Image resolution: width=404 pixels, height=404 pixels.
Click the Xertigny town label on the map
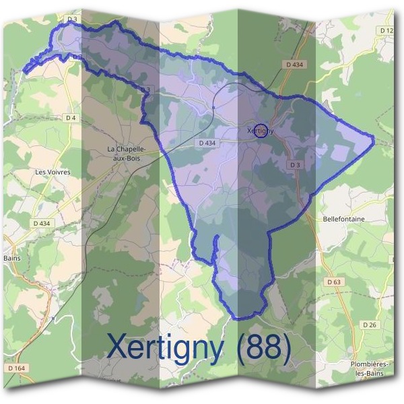(x=261, y=131)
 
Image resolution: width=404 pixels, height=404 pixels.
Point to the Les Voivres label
(x=53, y=172)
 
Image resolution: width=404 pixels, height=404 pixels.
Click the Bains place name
(x=12, y=258)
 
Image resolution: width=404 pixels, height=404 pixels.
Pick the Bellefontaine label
(x=343, y=220)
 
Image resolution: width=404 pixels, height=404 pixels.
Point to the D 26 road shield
(x=369, y=325)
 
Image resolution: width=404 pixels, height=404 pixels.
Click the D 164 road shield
(x=17, y=368)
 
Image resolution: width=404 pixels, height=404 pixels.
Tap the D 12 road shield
(x=386, y=31)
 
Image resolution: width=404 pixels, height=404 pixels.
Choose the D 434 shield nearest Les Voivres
(x=42, y=223)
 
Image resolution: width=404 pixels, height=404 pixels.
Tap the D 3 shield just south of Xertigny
(x=294, y=165)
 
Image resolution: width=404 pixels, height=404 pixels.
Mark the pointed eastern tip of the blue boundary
(x=373, y=138)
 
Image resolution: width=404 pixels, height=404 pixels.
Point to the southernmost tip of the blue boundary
(x=237, y=318)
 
